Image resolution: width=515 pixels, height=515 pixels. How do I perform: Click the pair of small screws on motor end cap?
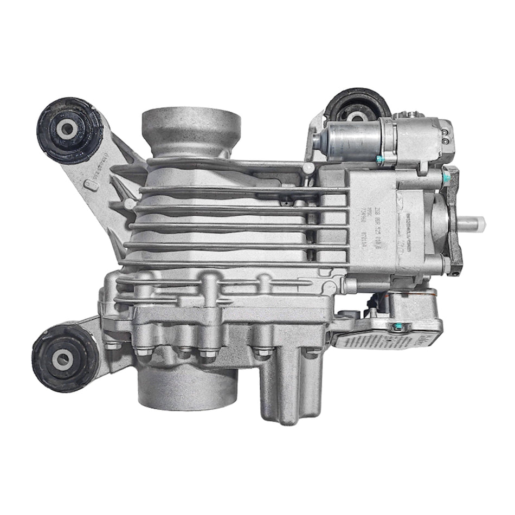446,134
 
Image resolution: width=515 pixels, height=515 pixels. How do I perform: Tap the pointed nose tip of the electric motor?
318,142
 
